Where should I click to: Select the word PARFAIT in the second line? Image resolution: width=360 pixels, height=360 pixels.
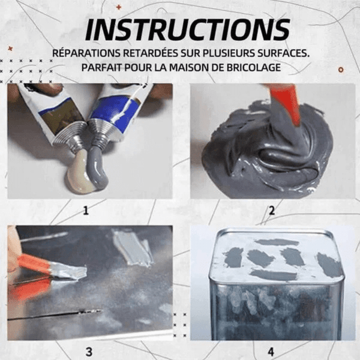click(99, 68)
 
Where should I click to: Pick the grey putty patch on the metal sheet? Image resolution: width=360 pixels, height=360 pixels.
click(131, 249)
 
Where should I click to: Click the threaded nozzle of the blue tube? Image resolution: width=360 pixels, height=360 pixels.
click(99, 133)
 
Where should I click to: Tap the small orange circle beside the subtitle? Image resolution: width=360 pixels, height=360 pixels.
click(341, 70)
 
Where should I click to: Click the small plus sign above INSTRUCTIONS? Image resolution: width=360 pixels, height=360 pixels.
click(118, 7)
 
